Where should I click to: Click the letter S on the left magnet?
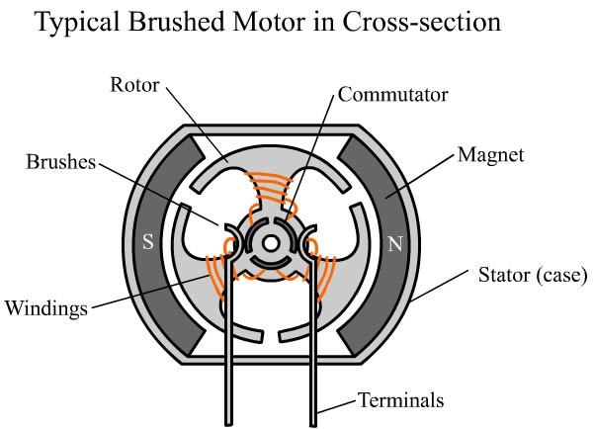[147, 242]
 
